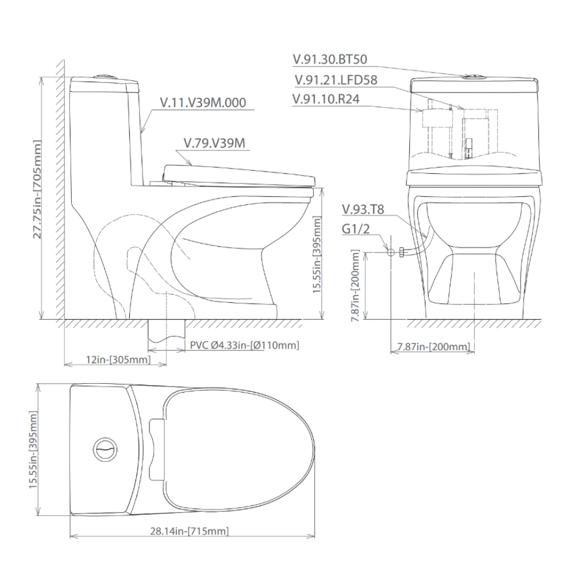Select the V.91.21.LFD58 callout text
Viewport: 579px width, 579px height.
pyautogui.click(x=336, y=80)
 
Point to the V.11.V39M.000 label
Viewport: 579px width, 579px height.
pyautogui.click(x=203, y=102)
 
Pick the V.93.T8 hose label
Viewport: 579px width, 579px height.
pyautogui.click(x=363, y=209)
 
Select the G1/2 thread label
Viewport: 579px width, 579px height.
pyautogui.click(x=354, y=228)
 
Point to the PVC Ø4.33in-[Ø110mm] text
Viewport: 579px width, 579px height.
pyautogui.click(x=244, y=346)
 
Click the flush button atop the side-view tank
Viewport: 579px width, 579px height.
pyautogui.click(x=105, y=75)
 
